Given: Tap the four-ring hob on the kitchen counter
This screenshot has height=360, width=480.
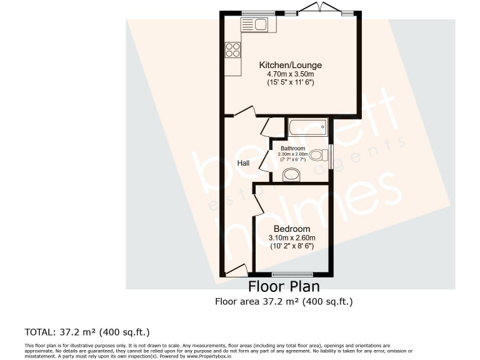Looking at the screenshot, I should tap(232, 49).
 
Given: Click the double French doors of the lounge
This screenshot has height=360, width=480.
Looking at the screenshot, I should tap(320, 8).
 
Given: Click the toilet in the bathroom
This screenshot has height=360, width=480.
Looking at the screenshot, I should tap(319, 154).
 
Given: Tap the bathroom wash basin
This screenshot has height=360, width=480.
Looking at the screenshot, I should tap(291, 176).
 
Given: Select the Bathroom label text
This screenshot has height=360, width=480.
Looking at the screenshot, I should tap(293, 148).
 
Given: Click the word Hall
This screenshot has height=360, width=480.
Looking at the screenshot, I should tap(243, 163).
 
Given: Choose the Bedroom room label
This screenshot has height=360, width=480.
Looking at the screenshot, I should tap(291, 229).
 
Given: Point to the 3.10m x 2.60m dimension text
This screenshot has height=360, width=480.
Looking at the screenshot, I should tap(291, 237).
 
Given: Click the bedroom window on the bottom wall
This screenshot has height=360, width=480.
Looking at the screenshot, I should tap(292, 274).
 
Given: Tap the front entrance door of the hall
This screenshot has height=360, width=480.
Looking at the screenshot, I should tap(236, 269).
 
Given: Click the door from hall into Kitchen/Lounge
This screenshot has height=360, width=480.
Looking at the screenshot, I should tap(244, 111).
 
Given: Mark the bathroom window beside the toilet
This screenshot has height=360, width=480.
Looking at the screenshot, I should tap(332, 153).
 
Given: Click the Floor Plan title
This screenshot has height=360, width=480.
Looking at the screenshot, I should tap(284, 287).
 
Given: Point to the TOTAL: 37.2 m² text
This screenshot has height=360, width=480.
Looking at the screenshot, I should tap(87, 331).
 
